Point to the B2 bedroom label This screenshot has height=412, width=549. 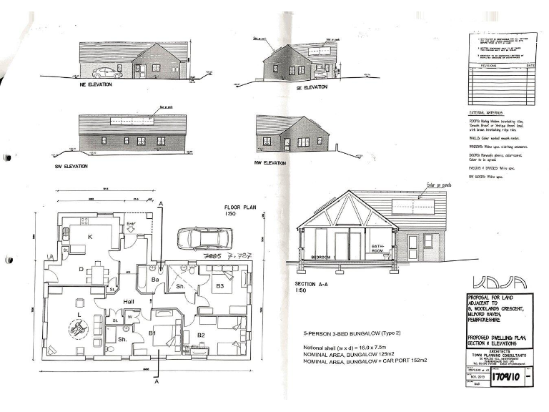coord(202,334)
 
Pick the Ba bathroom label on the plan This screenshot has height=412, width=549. coord(154,280)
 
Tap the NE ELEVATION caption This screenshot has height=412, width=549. coord(98,87)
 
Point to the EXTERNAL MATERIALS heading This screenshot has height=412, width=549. coord(485,113)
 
